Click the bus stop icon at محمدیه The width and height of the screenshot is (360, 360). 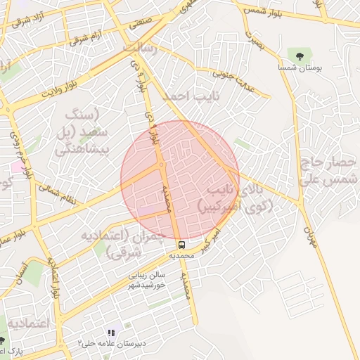click(x=181, y=245)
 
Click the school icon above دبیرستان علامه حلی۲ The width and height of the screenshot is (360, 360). click(x=110, y=333)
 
